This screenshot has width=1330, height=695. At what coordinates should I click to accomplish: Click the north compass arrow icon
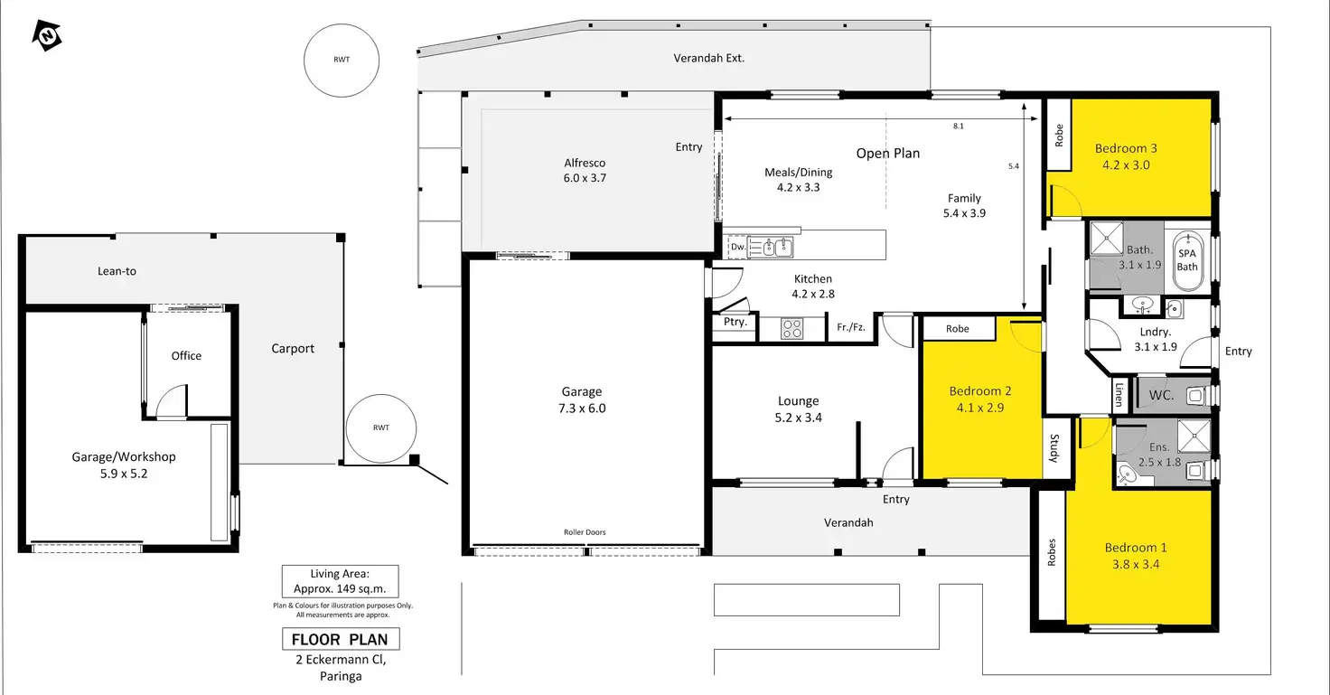47,35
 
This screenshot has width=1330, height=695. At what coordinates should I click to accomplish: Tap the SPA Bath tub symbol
1187,260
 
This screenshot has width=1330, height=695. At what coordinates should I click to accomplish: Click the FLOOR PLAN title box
341,639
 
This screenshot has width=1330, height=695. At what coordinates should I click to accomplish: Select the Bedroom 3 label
1126,148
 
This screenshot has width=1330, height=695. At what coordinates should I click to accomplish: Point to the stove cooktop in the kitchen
792,328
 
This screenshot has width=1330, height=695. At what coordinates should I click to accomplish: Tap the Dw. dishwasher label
738,247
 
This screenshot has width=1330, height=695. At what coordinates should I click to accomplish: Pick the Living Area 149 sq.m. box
341,581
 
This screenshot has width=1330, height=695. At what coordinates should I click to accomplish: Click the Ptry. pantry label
735,322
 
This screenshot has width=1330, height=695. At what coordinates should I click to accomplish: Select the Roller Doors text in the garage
585,532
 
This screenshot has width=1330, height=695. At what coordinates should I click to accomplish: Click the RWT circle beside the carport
381,428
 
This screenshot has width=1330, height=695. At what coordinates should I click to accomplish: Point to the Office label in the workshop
186,356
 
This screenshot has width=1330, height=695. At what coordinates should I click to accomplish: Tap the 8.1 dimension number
959,126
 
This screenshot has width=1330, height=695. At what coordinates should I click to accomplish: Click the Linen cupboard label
1119,394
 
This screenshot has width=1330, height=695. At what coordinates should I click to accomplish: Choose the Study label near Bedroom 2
1054,448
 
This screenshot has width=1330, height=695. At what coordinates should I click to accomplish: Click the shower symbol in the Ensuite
1194,436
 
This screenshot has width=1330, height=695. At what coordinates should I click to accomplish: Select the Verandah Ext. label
709,58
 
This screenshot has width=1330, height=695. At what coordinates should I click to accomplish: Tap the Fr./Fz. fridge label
851,326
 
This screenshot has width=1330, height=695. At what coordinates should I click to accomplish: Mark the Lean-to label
117,271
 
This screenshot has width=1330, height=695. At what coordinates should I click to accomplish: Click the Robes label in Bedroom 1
1052,552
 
